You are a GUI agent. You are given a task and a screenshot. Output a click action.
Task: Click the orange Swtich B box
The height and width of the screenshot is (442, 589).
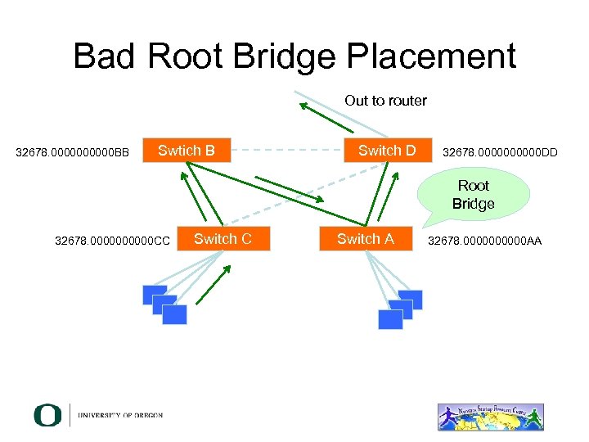187,151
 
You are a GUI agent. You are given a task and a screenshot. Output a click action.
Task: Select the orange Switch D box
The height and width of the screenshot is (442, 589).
387,151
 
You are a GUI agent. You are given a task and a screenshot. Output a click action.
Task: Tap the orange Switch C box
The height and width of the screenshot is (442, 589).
223,239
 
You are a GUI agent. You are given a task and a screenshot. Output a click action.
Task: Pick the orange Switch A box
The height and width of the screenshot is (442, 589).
365,239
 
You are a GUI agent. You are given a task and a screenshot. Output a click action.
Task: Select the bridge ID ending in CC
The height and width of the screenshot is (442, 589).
112,241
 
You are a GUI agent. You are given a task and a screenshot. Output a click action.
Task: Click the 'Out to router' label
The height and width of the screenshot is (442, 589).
385,101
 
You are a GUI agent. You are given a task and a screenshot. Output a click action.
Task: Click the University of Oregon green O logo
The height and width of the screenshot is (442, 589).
47,415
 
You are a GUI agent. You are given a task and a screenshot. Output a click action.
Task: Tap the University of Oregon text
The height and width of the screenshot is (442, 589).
120,416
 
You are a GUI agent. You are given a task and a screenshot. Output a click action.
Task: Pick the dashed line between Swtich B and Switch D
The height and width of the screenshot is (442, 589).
282,151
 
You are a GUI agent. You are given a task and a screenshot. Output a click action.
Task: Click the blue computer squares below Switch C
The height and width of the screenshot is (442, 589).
164,304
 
